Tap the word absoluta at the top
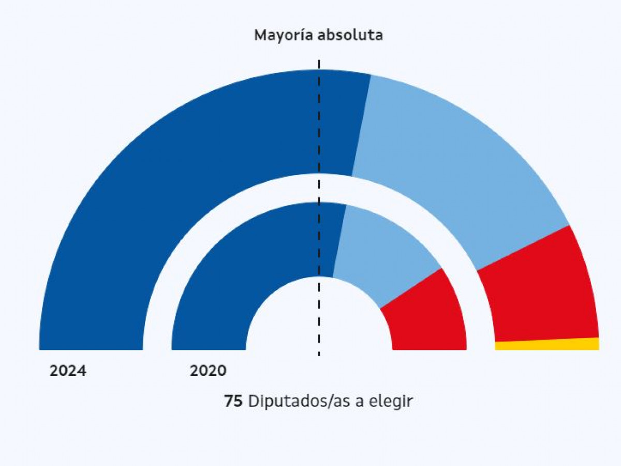[x=350, y=35]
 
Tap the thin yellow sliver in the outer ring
[x=549, y=344]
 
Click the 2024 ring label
[x=68, y=371]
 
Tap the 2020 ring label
[x=208, y=371]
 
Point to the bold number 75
[x=233, y=401]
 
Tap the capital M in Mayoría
[x=260, y=36]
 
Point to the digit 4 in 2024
[x=81, y=371]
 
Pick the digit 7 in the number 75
[x=229, y=401]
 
